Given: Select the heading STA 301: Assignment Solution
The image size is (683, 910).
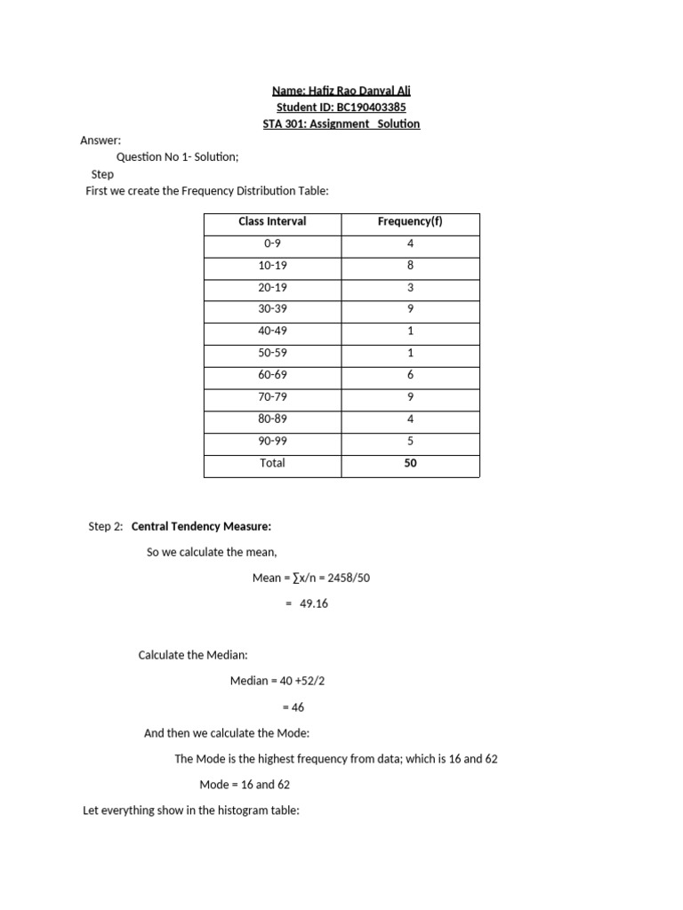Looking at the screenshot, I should pyautogui.click(x=341, y=124).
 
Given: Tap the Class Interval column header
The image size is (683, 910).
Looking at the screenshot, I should pyautogui.click(x=272, y=221).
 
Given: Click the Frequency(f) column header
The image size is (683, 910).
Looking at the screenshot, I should pyautogui.click(x=410, y=221).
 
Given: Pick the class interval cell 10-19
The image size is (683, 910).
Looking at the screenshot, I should pyautogui.click(x=272, y=266).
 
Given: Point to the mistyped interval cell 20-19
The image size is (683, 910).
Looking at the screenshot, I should pyautogui.click(x=272, y=288).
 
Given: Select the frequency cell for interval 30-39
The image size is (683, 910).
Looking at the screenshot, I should pyautogui.click(x=410, y=309).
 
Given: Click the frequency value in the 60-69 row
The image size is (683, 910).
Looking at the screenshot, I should pyautogui.click(x=410, y=375).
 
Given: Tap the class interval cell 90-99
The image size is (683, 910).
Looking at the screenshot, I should pyautogui.click(x=272, y=441).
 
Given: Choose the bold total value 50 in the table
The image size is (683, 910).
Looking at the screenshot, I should pyautogui.click(x=410, y=463).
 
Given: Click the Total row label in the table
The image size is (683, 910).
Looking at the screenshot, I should pyautogui.click(x=272, y=463).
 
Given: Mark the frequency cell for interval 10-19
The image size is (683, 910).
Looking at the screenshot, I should pyautogui.click(x=410, y=266).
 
